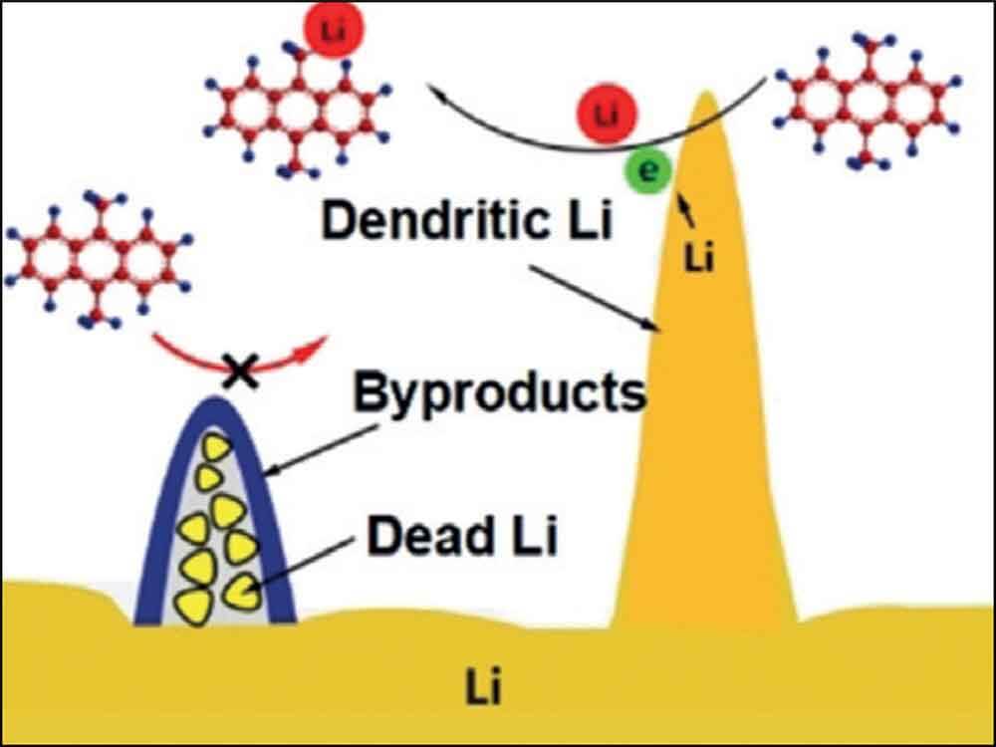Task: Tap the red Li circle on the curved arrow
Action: tap(607, 117)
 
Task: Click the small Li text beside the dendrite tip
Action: tap(700, 259)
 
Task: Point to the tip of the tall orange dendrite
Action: tap(705, 97)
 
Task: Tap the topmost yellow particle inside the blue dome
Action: tap(212, 447)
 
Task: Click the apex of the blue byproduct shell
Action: tap(215, 401)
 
